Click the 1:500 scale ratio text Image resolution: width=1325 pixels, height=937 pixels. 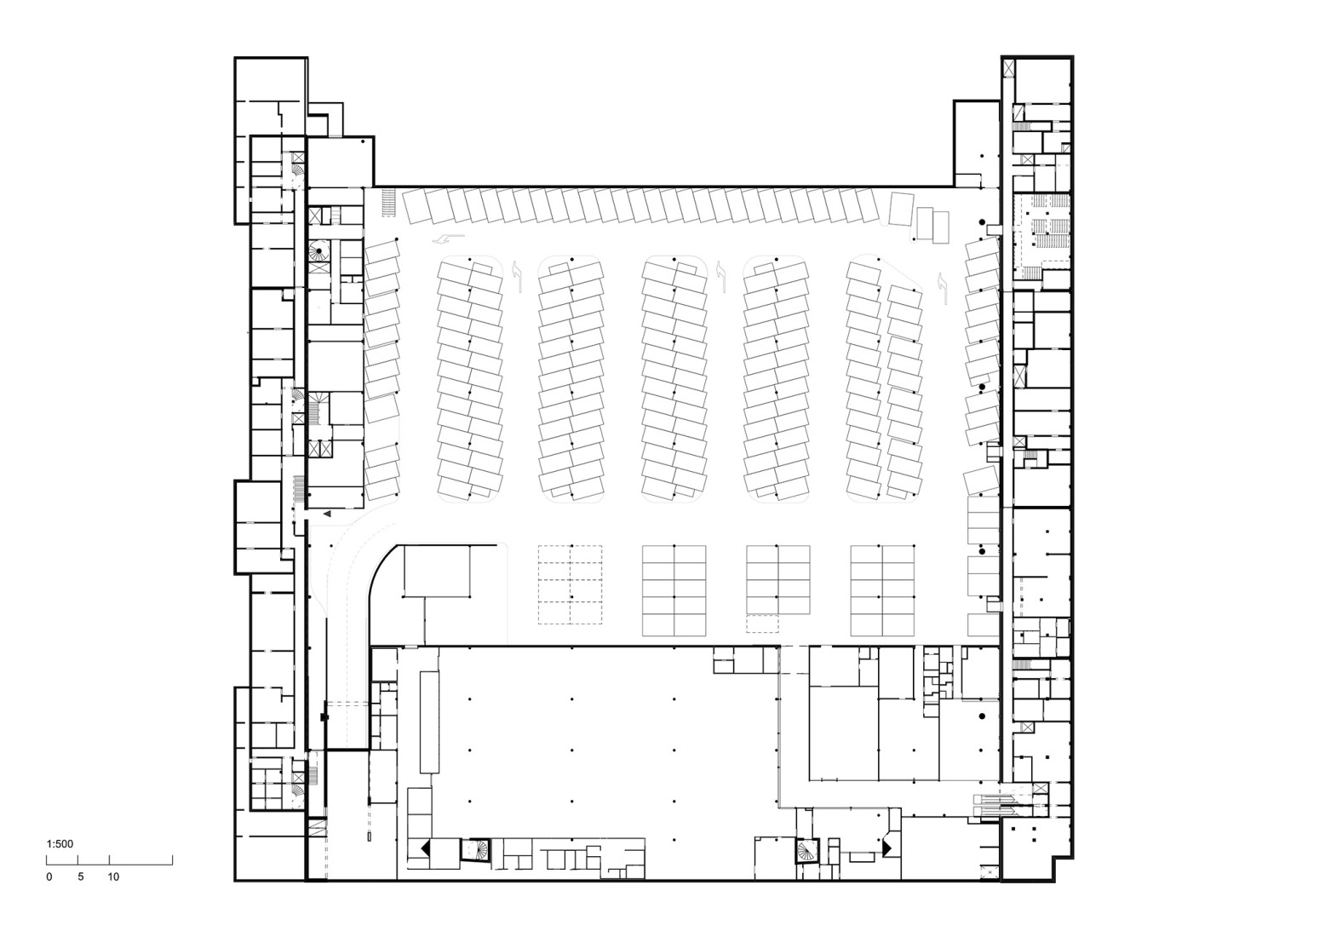pos(60,844)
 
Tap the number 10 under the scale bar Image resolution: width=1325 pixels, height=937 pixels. pos(113,877)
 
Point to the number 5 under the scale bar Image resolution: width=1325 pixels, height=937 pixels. pos(81,877)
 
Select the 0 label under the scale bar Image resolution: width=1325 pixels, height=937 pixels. pos(49,877)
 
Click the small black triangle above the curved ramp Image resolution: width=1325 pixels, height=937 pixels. pos(327,514)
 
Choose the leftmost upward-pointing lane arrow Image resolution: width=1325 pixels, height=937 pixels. pos(518,271)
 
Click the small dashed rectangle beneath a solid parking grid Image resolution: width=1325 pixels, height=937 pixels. pos(762,624)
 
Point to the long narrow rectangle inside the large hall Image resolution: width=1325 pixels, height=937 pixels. pos(429,721)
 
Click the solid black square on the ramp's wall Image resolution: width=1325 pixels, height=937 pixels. pos(324,718)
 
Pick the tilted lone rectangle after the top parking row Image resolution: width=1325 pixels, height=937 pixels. pos(900,209)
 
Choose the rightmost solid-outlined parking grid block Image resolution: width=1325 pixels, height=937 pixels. pos(882,589)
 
